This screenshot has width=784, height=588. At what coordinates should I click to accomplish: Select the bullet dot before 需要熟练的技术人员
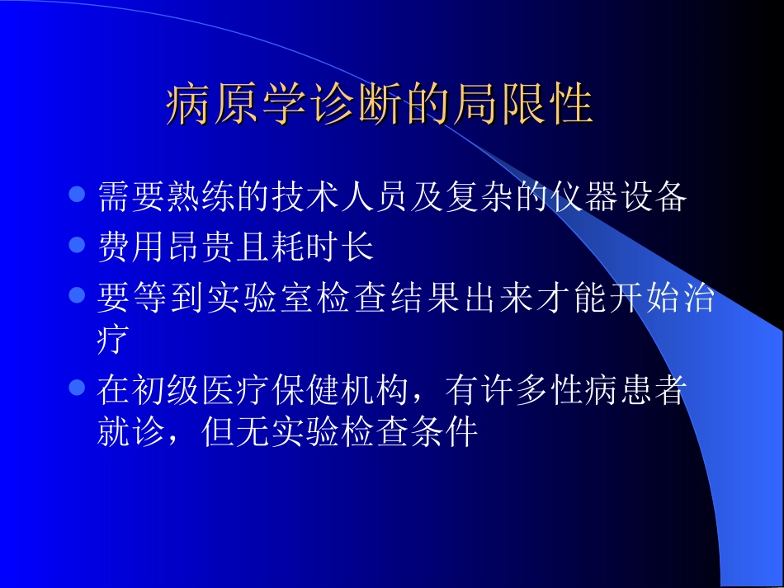pyautogui.click(x=77, y=196)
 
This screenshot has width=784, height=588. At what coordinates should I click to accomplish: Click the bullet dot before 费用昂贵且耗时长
pyautogui.click(x=77, y=245)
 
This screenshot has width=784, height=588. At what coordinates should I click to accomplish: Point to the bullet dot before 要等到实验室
pyautogui.click(x=77, y=294)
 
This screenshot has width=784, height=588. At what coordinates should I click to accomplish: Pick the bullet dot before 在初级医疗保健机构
pyautogui.click(x=77, y=387)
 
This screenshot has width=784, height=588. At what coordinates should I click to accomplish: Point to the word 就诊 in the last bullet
pyautogui.click(x=130, y=432)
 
